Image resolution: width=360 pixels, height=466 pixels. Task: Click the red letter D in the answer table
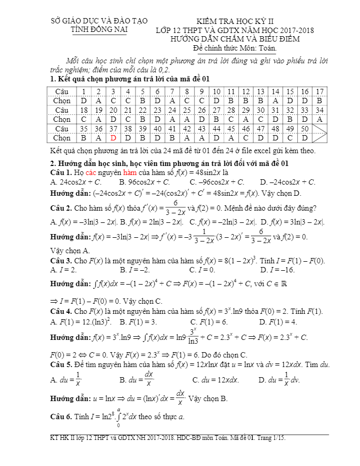coord(113,137)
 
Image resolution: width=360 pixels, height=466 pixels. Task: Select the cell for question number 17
coord(319,91)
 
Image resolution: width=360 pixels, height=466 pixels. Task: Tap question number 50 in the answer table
coord(305,129)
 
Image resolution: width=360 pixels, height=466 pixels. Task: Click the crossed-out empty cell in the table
coord(319,133)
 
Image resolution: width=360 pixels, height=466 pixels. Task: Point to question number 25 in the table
coord(188,110)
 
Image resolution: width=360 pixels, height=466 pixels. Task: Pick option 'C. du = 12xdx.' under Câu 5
coord(216,380)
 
